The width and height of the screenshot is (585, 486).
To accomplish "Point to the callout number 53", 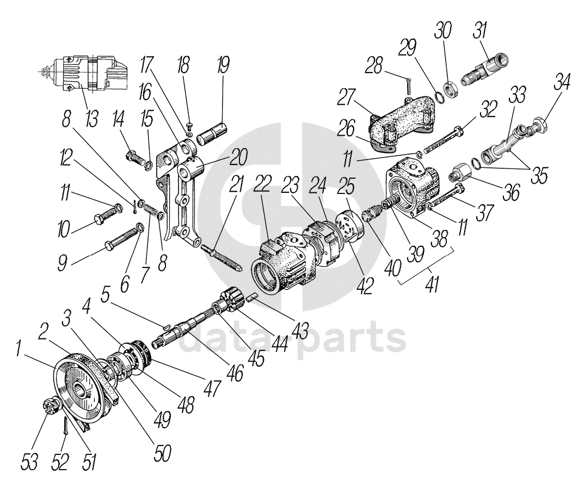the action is tap(31, 463).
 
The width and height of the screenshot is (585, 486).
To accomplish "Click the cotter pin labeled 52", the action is tap(65, 424).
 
